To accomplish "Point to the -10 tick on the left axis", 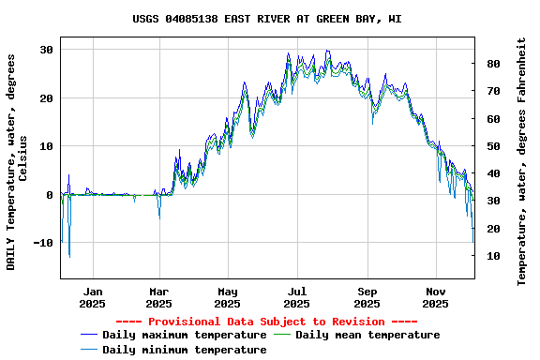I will [43, 243].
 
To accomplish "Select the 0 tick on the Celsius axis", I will [50, 195].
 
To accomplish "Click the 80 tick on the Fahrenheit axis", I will [491, 64].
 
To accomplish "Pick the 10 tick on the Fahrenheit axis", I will [491, 256].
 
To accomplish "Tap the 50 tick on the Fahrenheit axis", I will [491, 146].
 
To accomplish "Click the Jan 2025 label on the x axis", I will [92, 297].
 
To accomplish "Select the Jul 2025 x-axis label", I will [296, 297].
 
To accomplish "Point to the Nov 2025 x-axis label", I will [435, 297].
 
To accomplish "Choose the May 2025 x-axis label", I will [227, 297].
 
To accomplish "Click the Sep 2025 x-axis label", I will [367, 297].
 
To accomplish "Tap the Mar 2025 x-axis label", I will [159, 297].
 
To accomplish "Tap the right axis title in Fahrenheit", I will [522, 161].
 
